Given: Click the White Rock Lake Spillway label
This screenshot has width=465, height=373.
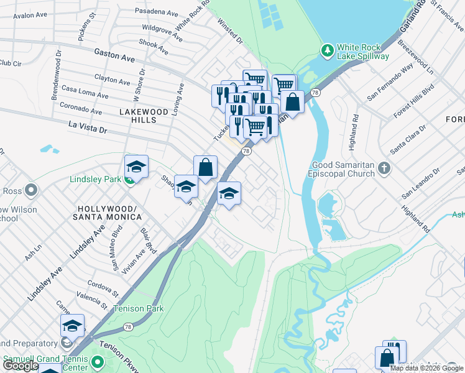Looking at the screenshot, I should [x=362, y=52].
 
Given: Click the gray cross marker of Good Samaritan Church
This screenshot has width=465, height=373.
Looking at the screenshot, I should [x=385, y=167].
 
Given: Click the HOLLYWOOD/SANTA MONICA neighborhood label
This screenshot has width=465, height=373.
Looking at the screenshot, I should [x=107, y=213].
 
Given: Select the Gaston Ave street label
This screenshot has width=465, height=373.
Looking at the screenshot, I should [x=114, y=57].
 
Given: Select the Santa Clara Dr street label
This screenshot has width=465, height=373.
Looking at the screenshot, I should [x=408, y=139].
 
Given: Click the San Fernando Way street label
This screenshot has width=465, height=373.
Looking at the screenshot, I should [x=390, y=83].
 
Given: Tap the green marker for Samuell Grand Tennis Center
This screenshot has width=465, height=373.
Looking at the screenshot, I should [x=96, y=361].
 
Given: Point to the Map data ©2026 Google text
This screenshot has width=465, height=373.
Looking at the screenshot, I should [x=427, y=368].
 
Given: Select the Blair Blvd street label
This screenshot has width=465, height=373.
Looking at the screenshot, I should [x=149, y=237].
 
